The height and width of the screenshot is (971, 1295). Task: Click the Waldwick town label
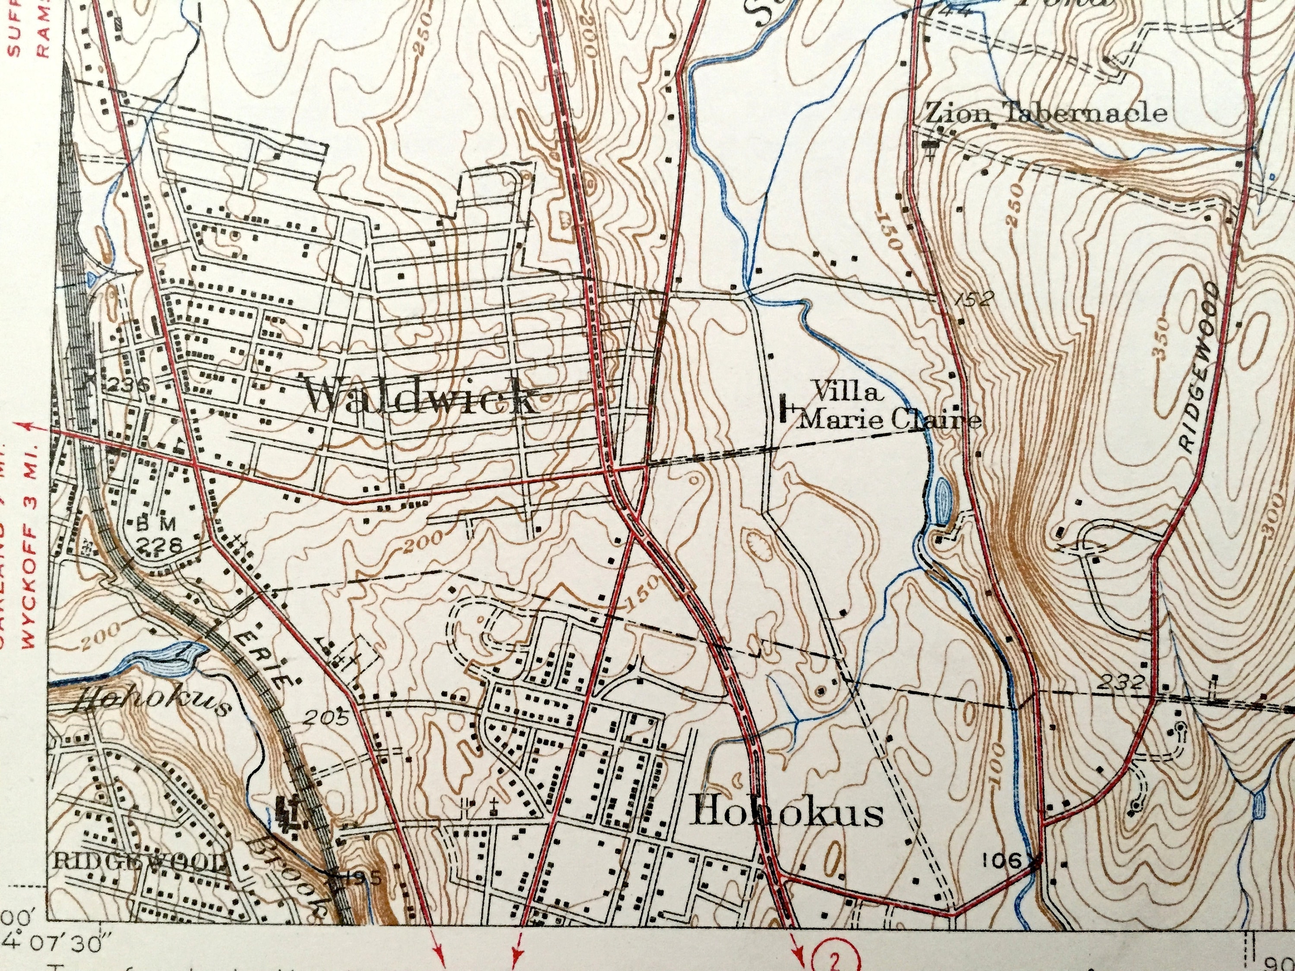pos(419,399)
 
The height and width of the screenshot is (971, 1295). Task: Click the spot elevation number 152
pos(974,299)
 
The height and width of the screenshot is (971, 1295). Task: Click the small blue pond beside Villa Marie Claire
pos(943,501)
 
